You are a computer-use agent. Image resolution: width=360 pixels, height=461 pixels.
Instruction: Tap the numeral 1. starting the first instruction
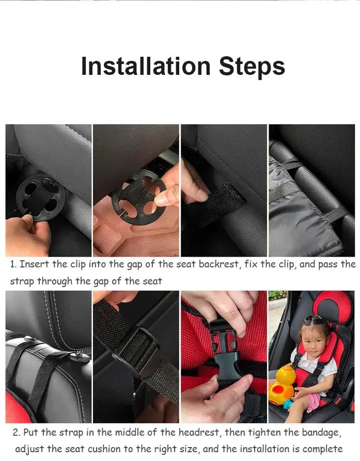(x=13, y=264)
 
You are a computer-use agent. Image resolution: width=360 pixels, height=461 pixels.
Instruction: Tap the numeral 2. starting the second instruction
(x=17, y=433)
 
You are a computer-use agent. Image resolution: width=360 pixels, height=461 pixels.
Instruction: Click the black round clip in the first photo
(x=40, y=197)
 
